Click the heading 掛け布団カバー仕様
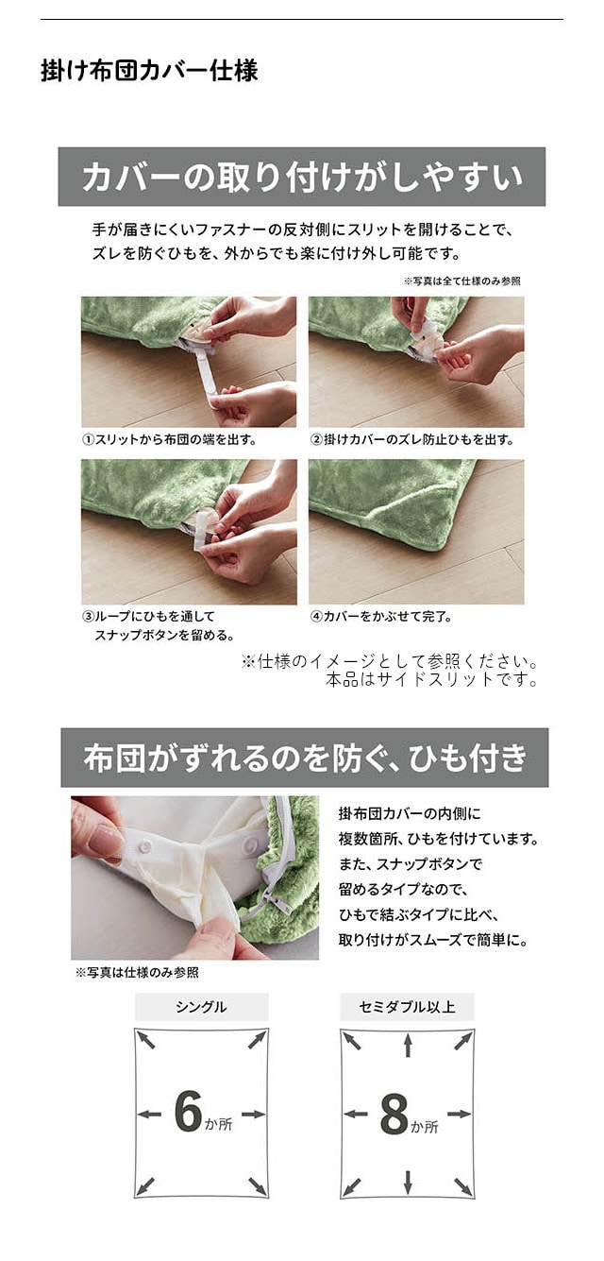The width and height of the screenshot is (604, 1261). (x=149, y=71)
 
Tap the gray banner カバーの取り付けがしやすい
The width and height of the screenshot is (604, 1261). (x=301, y=177)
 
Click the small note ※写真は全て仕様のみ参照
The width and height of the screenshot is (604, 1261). (x=462, y=281)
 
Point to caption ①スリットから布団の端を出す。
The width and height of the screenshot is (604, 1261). (x=169, y=439)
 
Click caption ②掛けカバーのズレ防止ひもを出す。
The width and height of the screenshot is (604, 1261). (x=412, y=439)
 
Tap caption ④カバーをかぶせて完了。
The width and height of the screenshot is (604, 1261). (x=381, y=616)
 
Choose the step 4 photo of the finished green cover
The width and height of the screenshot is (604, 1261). (x=415, y=532)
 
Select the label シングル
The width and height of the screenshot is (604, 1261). (x=201, y=1007)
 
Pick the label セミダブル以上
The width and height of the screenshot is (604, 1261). (x=407, y=1007)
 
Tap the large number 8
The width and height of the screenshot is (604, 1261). (x=394, y=1115)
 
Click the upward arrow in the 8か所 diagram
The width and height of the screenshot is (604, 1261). (x=408, y=1045)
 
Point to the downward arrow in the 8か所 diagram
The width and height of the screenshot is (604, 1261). (x=408, y=1181)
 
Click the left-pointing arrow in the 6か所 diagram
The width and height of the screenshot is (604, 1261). (x=149, y=1115)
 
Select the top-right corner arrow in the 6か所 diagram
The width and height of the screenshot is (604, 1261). (x=257, y=1040)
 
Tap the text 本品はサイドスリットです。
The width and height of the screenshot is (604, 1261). (x=432, y=679)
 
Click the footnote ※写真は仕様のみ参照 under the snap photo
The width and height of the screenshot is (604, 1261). (x=137, y=972)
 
